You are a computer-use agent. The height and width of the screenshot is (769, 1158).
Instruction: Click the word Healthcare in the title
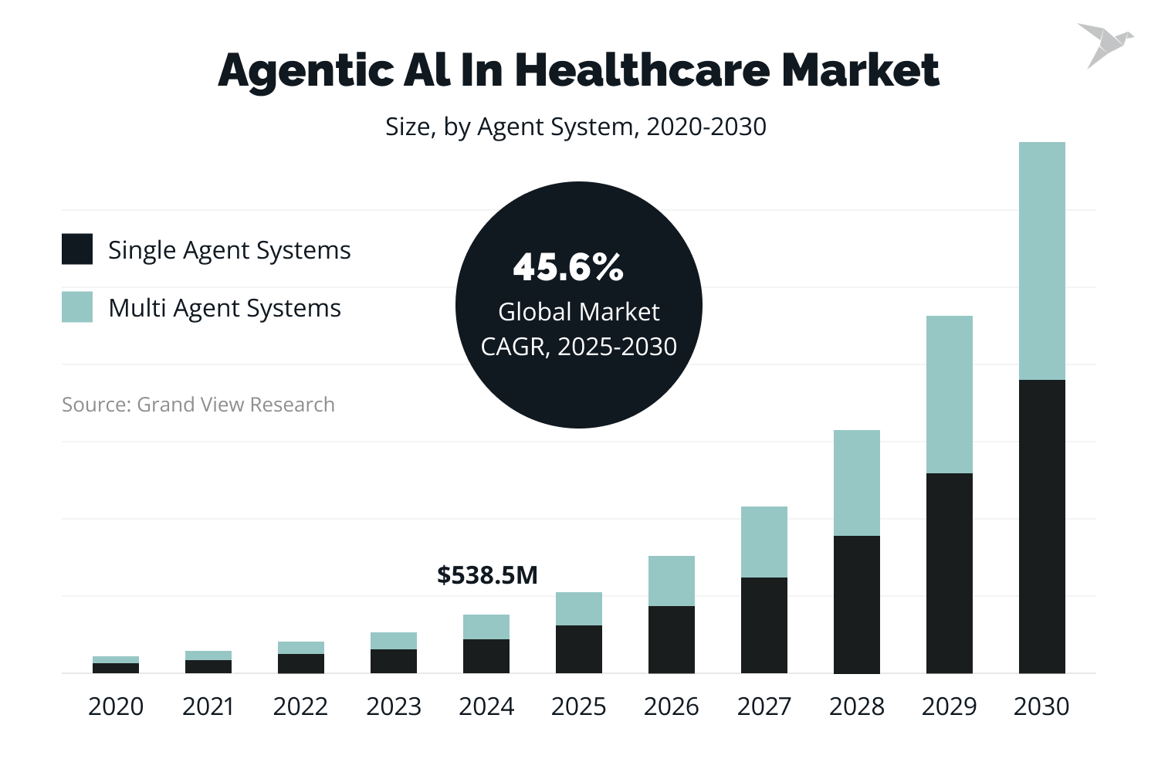tap(642, 70)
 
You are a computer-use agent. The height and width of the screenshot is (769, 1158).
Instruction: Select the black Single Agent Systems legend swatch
tap(77, 249)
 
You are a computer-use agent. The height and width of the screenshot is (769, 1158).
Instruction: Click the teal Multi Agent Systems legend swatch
tap(77, 307)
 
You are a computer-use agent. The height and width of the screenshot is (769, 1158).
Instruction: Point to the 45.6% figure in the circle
tap(567, 267)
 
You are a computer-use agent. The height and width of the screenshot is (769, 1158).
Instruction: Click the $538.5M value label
tap(487, 575)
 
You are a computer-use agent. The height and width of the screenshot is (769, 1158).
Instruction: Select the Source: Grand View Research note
tap(198, 405)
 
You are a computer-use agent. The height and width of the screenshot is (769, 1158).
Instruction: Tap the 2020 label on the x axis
tap(116, 706)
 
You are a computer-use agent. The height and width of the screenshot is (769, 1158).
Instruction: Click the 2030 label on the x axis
tap(1041, 706)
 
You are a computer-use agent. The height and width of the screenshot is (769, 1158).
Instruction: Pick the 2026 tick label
tap(671, 706)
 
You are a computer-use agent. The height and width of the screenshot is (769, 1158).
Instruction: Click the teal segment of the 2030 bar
tap(1041, 261)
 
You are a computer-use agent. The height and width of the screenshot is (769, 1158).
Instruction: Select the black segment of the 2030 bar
tap(1041, 527)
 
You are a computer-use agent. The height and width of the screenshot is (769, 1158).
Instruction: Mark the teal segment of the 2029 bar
tap(949, 395)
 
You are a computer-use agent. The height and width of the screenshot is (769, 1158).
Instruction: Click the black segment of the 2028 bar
tap(856, 605)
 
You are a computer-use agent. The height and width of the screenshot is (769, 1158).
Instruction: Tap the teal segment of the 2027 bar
tap(764, 542)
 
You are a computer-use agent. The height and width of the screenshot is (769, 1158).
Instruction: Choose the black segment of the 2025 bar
tap(578, 649)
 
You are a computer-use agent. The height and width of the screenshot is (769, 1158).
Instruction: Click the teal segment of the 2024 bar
tap(486, 627)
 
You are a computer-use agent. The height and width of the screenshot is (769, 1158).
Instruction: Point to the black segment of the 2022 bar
tap(300, 664)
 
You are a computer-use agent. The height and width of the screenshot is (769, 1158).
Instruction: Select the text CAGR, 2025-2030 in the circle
tap(578, 347)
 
